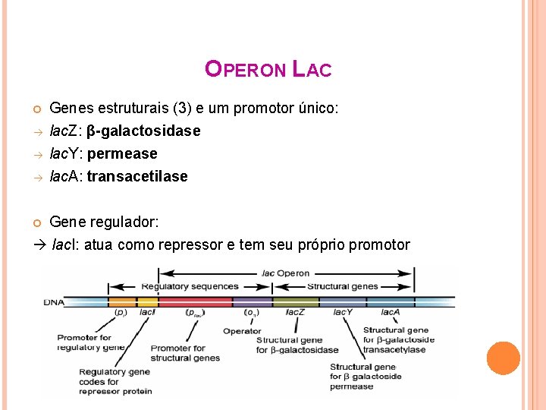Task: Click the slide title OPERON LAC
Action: pos(268,70)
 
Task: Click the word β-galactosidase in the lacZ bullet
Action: pos(144,131)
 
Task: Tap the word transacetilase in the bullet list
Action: pos(137,176)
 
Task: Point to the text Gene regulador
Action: pos(104,222)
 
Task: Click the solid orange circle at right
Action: pos(503,358)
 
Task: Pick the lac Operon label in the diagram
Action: pos(285,273)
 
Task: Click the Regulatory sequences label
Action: pos(190,286)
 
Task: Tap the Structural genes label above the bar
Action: pos(342,286)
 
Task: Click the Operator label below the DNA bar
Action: pos(242,331)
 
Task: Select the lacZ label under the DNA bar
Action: pos(295,312)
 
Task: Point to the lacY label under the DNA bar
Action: pos(344,312)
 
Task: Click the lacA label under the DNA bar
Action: pos(390,312)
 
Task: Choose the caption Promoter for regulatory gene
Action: pos(90,342)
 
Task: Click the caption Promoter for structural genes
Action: pos(185,353)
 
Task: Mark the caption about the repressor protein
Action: pos(115,381)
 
